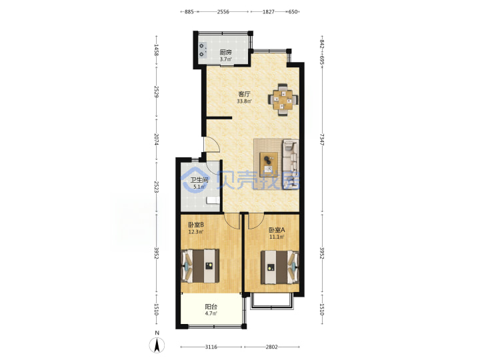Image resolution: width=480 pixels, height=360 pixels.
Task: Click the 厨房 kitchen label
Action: click(225, 53)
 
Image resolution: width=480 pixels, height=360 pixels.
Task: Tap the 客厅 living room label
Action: click(244, 94)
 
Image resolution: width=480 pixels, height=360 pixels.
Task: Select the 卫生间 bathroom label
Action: click(199, 180)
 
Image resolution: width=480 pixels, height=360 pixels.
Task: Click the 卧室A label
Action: click(277, 230)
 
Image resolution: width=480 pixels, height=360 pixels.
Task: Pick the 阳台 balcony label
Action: click(211, 307)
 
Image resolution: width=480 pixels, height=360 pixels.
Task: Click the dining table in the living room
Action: click(283, 99)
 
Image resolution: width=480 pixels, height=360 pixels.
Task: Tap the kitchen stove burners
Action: click(202, 50)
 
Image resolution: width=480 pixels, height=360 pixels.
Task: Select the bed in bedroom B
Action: click(200, 266)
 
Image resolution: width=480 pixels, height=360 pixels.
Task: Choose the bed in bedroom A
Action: click(279, 267)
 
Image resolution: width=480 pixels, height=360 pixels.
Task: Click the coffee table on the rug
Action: click(269, 165)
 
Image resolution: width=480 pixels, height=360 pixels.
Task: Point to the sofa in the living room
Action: click(290, 165)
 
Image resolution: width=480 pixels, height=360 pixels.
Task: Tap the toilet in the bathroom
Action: click(213, 200)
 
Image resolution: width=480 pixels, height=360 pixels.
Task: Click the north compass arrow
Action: click(157, 345)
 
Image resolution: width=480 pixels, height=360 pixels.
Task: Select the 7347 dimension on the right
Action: click(322, 139)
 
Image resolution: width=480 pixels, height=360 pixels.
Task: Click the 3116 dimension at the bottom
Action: click(211, 347)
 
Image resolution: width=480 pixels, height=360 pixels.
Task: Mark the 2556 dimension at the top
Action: click(223, 12)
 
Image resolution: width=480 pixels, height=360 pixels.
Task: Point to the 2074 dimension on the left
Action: click(157, 139)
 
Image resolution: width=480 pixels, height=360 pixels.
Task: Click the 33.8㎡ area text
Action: click(244, 101)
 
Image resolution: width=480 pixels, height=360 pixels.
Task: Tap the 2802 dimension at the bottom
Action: click(271, 347)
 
